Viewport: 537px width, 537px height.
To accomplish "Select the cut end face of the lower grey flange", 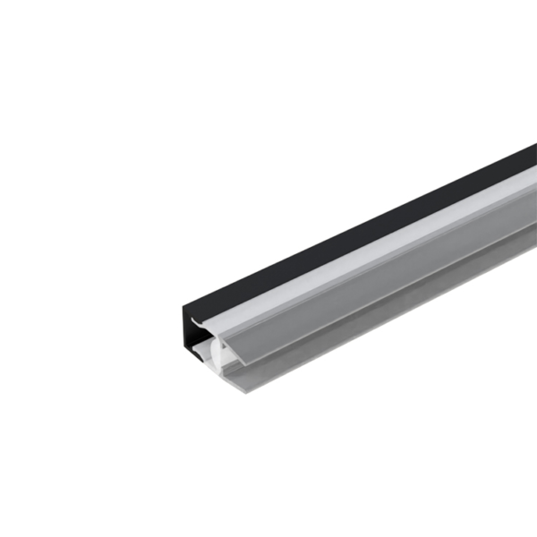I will pos(234,383).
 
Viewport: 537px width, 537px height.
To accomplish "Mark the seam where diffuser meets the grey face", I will pos(376,253).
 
